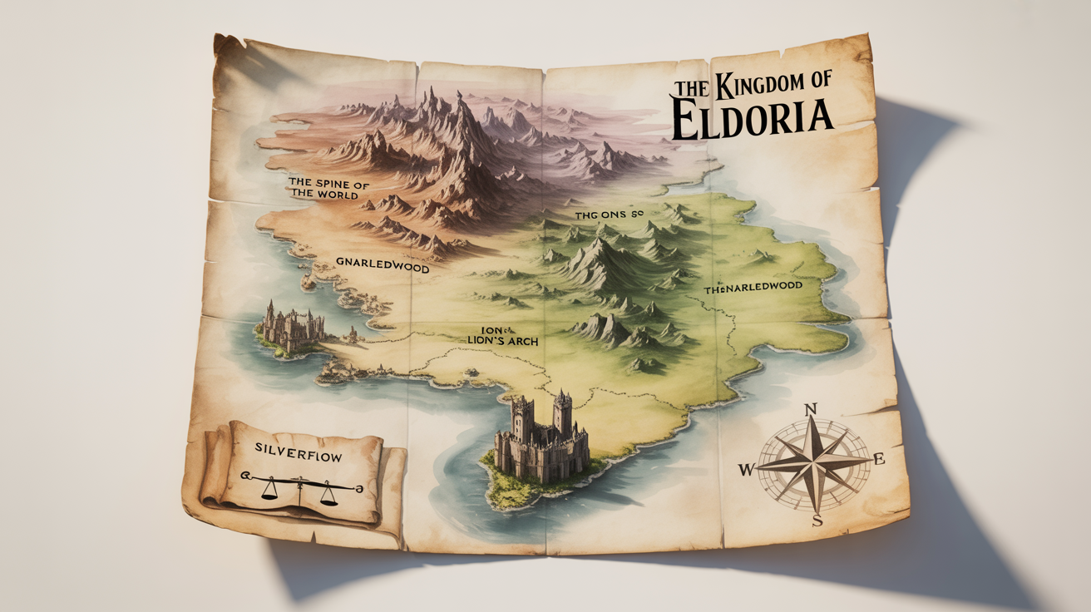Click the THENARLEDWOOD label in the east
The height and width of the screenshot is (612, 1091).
pos(753,286)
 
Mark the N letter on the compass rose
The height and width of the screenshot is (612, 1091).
pos(812,409)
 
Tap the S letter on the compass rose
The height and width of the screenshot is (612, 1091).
pos(817,521)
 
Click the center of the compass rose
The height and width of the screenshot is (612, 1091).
pos(813,463)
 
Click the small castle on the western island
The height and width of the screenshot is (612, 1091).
pos(291,326)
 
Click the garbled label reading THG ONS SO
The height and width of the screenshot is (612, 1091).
pos(610,215)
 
